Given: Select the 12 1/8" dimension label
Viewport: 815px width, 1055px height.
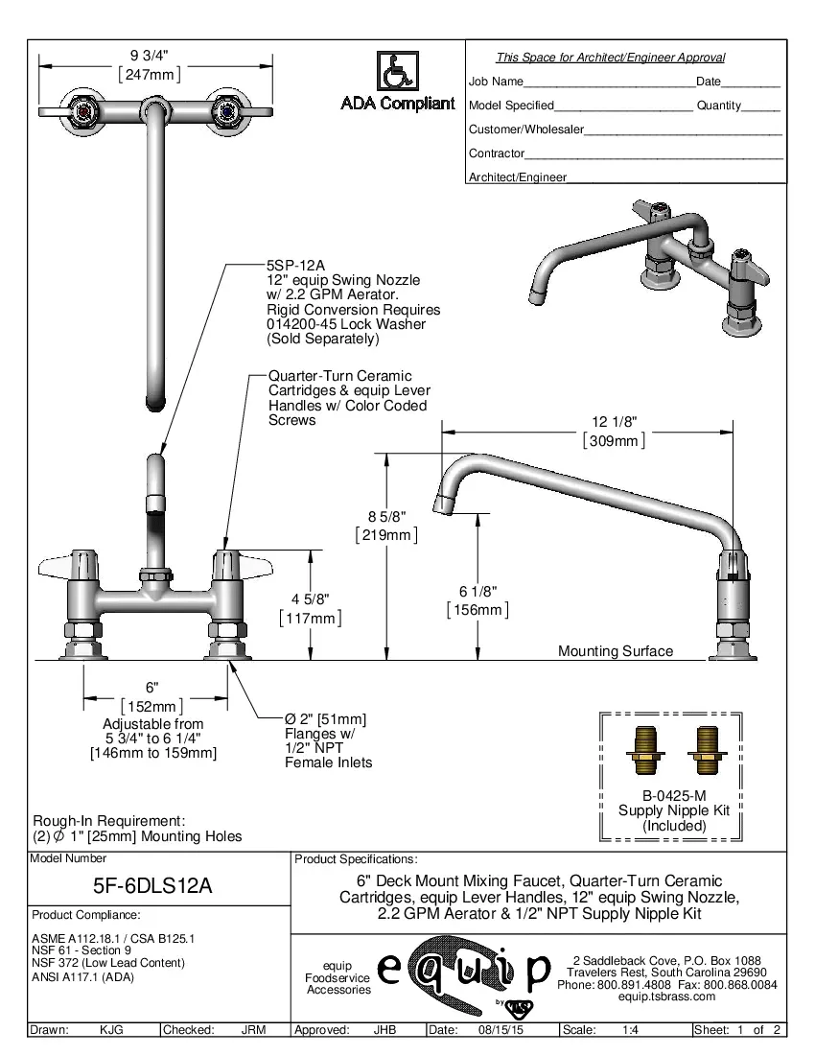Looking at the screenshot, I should (614, 422).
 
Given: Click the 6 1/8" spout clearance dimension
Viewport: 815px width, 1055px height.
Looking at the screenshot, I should (477, 591).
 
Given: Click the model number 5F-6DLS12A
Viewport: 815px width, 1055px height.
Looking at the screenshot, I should (159, 887).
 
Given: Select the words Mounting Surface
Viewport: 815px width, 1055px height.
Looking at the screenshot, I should (616, 651).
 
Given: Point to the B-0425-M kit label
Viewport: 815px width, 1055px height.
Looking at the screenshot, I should (674, 795).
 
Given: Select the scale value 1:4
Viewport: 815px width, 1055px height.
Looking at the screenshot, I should (631, 1030).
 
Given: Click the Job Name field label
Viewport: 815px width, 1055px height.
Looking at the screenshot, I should (496, 82).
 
